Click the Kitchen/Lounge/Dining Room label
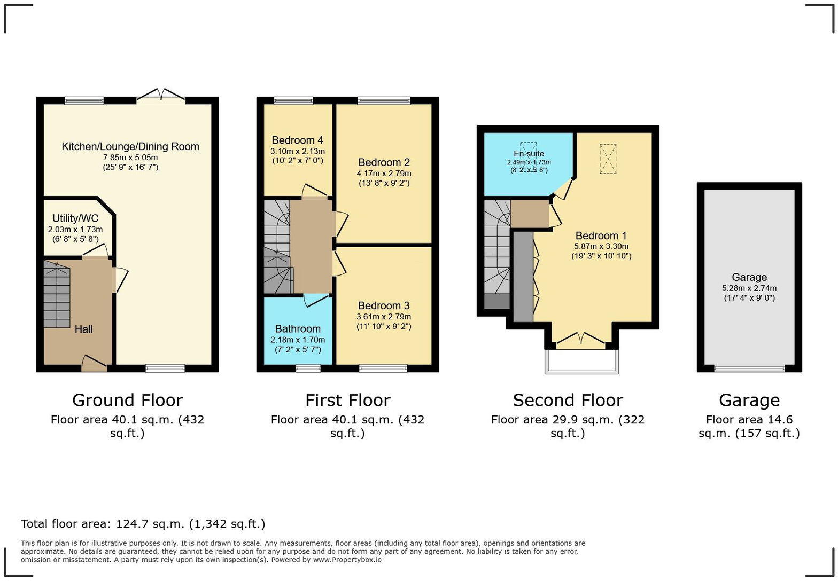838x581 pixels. coord(130,146)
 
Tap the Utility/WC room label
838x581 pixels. coord(75,218)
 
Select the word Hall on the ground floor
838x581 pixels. coord(83,329)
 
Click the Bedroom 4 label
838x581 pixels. coord(297,140)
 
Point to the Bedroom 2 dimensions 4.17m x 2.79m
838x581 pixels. coord(384,174)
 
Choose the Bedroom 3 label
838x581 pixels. coord(384,305)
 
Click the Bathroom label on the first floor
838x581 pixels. coord(298,329)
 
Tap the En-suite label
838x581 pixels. coord(529,154)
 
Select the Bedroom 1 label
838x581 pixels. coord(601,235)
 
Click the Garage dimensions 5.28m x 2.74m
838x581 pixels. coord(749,288)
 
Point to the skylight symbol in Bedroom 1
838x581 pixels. coord(608,159)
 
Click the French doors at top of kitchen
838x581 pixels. coord(161,95)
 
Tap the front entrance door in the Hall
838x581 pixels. coord(94,364)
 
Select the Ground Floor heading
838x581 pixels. coord(127,400)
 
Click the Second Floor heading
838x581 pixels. coord(568,400)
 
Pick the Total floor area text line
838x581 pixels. coord(143,524)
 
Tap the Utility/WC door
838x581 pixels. coord(96,250)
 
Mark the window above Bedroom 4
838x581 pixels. coord(293,100)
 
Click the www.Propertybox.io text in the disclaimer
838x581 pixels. coord(347,560)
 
